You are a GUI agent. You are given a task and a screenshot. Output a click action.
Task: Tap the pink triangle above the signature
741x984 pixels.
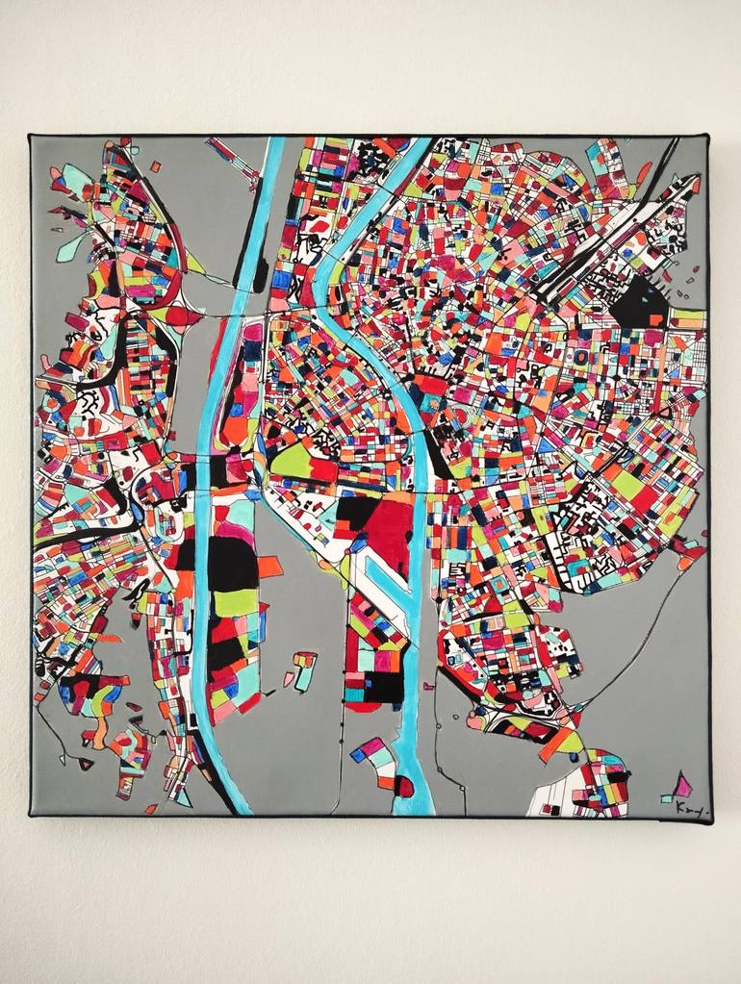point(682,786)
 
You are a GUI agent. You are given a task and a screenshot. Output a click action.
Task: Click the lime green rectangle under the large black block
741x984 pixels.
point(236,603)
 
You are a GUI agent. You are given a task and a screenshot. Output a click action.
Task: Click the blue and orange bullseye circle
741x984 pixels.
point(582,357)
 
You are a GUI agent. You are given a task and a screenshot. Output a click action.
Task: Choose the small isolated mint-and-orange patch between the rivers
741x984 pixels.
point(304,668)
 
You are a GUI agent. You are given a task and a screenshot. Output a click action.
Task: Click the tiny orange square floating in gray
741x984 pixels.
point(155,166)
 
